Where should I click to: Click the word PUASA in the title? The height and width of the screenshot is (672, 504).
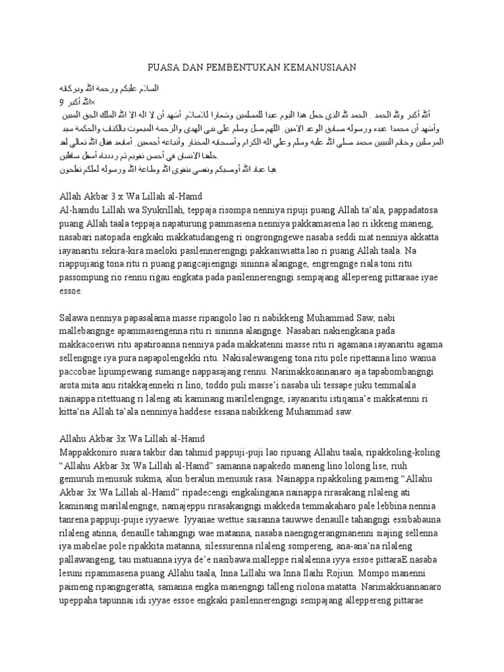point(164,67)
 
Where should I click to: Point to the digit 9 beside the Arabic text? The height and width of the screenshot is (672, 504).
point(61,102)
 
